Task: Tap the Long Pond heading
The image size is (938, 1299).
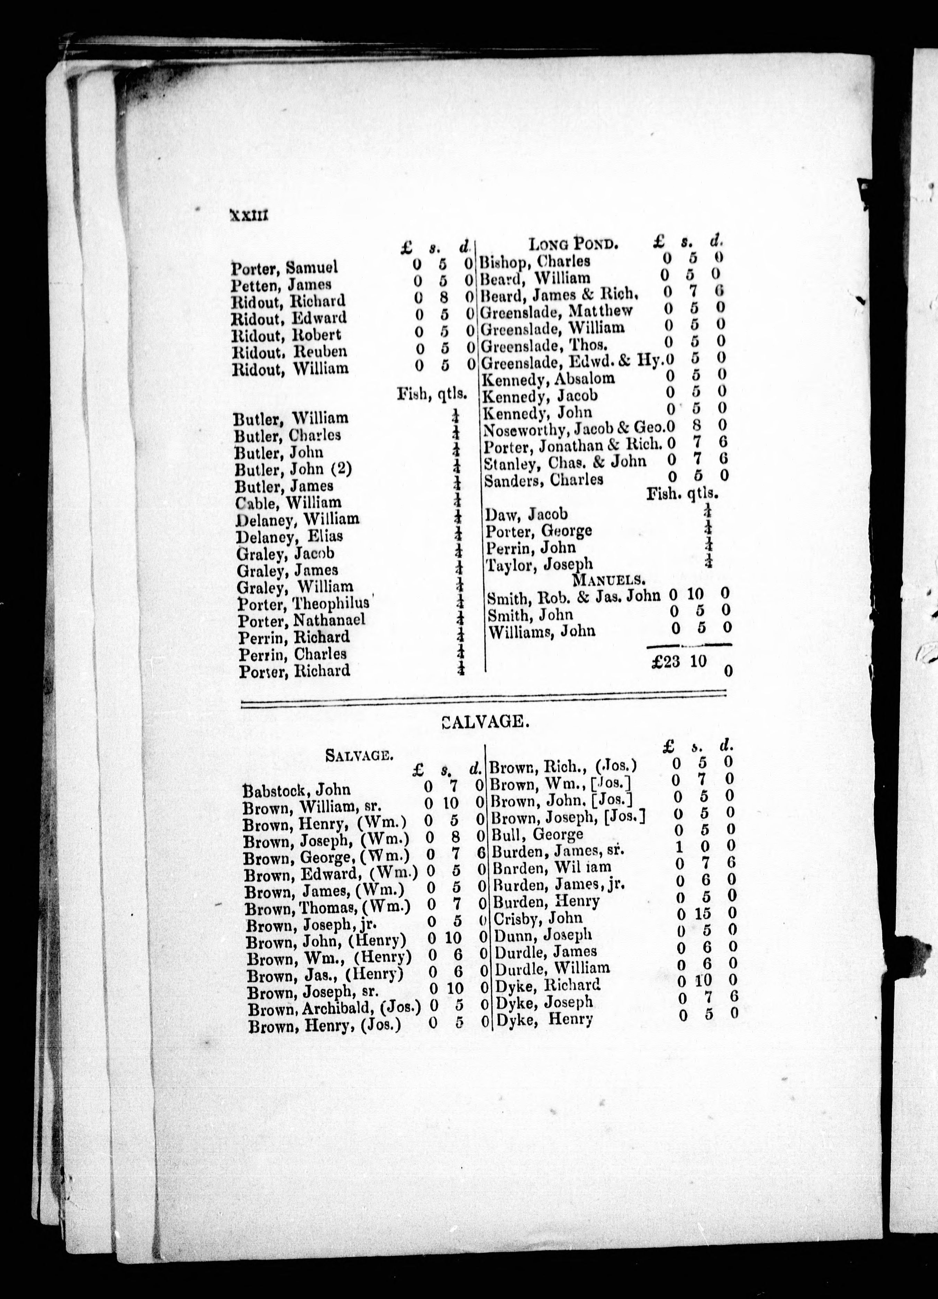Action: pos(573,245)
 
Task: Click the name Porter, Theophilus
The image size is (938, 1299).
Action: pos(306,604)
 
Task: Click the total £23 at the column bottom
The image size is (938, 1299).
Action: pos(665,662)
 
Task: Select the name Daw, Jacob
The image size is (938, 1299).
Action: pos(526,514)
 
